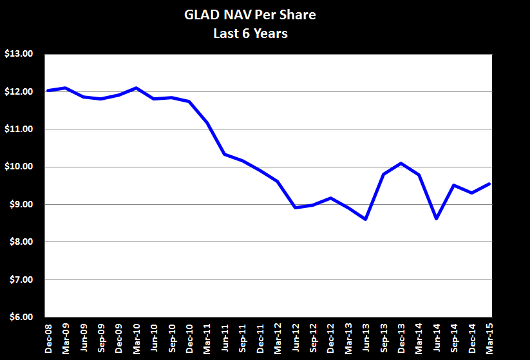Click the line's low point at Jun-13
(x=366, y=219)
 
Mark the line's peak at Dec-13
(x=401, y=163)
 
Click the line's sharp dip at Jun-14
(x=436, y=218)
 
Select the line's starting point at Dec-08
(x=48, y=91)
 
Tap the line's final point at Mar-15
(x=489, y=184)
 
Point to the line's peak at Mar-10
(x=136, y=88)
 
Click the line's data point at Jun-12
(x=295, y=207)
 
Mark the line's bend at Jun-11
(x=224, y=154)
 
